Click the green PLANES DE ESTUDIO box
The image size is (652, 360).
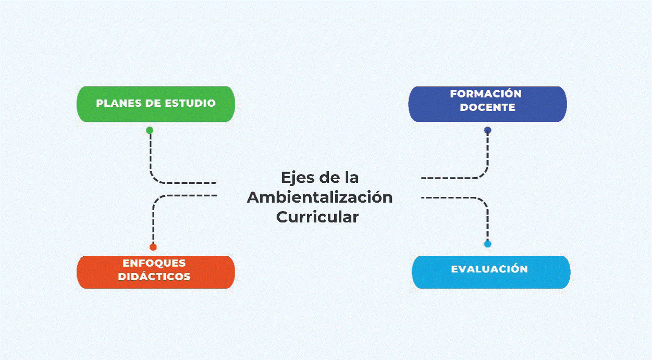tap(156, 104)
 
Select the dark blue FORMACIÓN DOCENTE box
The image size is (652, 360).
tap(487, 104)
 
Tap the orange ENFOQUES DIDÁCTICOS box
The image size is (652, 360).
tap(156, 271)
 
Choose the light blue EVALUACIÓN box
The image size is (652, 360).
tap(491, 271)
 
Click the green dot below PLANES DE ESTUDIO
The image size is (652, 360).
tap(150, 130)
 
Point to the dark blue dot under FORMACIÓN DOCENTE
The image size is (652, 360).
tap(487, 130)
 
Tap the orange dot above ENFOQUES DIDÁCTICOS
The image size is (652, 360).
tap(153, 247)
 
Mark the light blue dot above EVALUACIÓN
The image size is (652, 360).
tap(487, 244)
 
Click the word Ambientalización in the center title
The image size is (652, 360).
tap(319, 197)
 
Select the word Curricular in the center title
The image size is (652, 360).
tap(317, 217)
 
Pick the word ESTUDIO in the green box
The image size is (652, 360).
tap(190, 103)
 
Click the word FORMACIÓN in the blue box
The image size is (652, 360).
tap(486, 94)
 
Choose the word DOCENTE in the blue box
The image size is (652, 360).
tap(487, 108)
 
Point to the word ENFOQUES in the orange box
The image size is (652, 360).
tap(154, 263)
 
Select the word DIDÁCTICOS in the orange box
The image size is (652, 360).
tap(154, 277)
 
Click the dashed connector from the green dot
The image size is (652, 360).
tap(151, 162)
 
